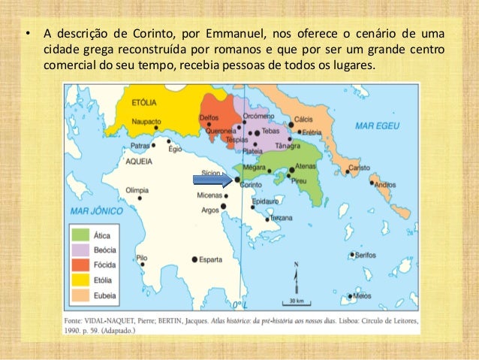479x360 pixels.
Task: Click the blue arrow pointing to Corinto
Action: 212,179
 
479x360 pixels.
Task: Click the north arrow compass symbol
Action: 296,275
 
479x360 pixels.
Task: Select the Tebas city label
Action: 271,132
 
